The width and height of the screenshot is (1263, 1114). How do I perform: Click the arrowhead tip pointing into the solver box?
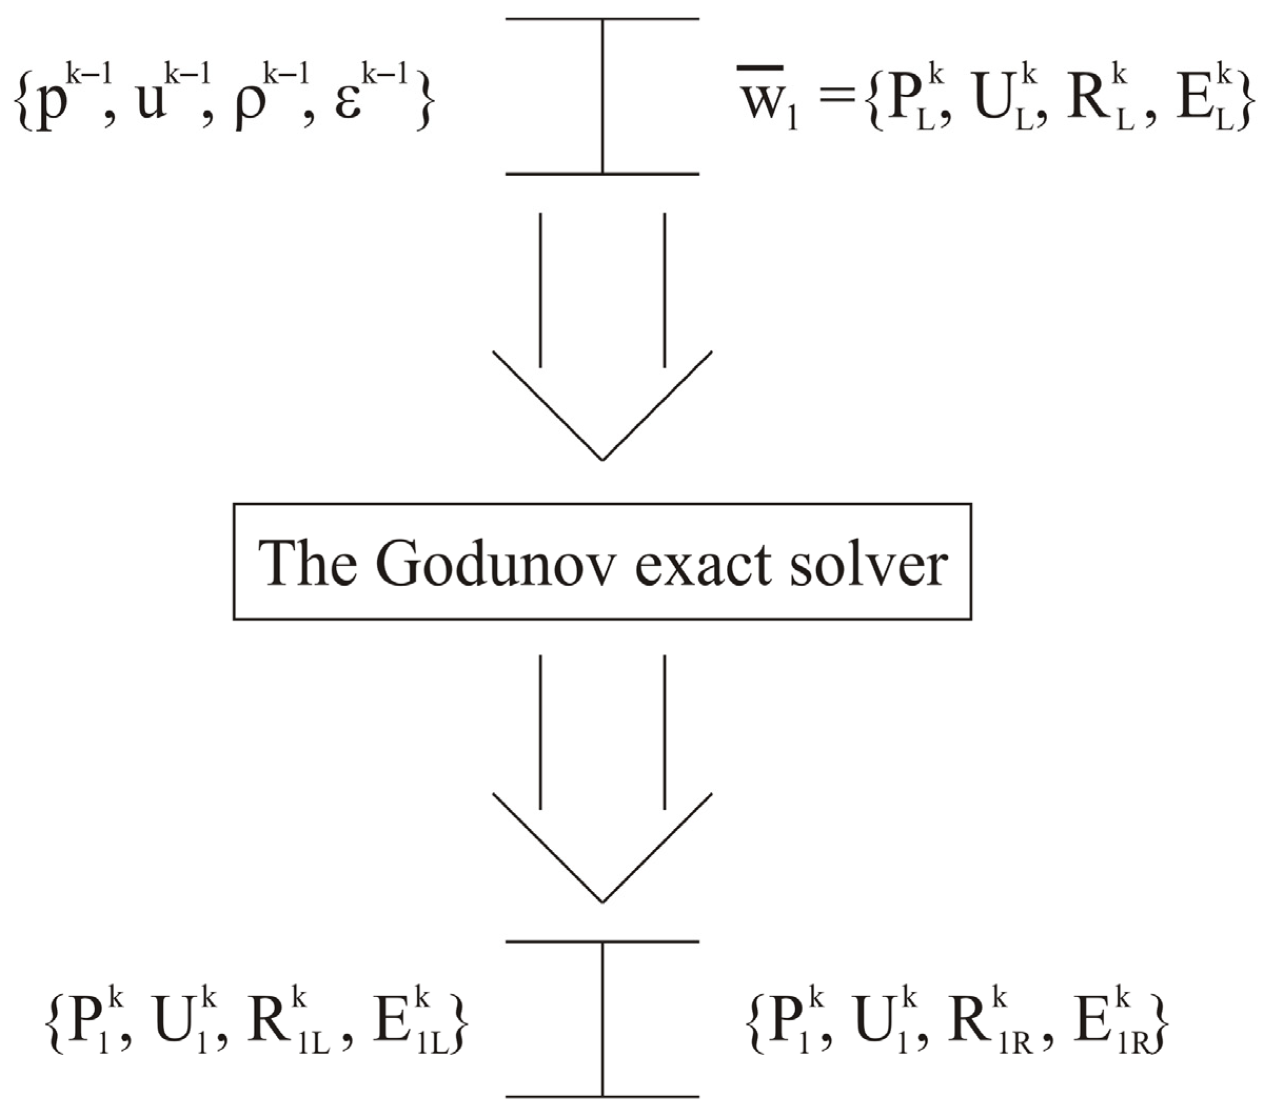click(x=603, y=459)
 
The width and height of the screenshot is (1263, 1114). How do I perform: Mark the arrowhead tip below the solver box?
click(x=603, y=901)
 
